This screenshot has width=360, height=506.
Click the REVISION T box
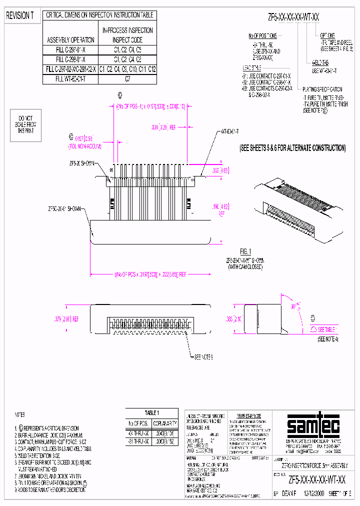tap(19, 16)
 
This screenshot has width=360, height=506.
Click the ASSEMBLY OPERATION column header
tap(70, 39)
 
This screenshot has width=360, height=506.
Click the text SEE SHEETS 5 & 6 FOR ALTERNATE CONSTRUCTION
tap(292, 148)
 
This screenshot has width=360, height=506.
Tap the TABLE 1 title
tap(151, 412)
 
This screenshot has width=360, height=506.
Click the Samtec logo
tap(313, 426)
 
